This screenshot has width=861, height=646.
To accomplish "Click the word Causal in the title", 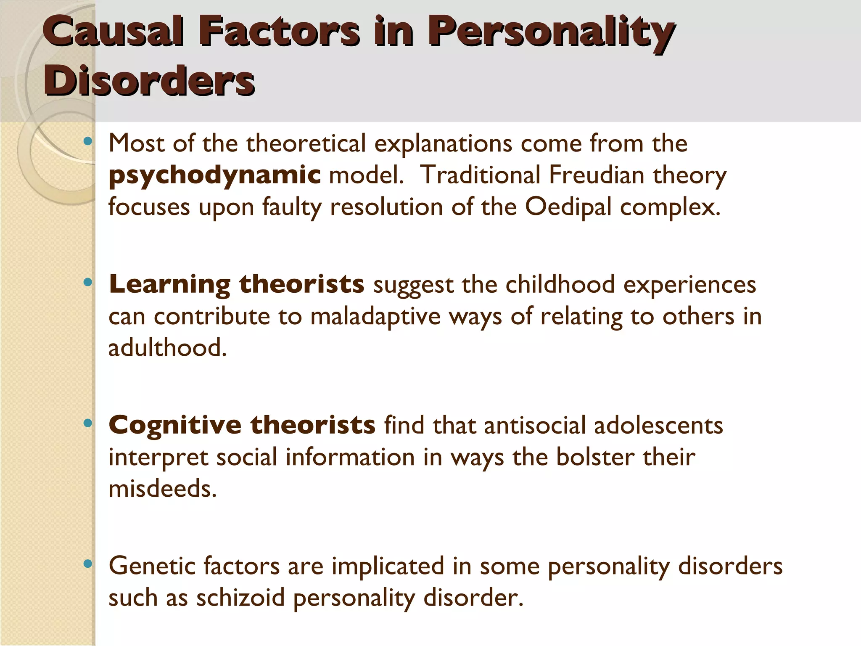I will click(x=114, y=32).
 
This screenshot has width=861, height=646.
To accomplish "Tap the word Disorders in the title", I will click(x=149, y=80).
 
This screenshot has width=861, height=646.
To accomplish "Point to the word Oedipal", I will click(x=568, y=207).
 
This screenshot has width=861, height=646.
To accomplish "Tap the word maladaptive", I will click(x=375, y=316).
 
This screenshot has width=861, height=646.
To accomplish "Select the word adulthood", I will click(x=168, y=348).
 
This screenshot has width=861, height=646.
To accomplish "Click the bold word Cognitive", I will click(x=175, y=425).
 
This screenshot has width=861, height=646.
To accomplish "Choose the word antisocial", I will click(x=534, y=425).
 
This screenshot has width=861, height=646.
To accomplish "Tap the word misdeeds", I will click(x=163, y=489).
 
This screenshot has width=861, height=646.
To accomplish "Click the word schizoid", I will click(x=240, y=598).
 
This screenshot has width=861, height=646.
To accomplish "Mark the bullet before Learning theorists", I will click(x=87, y=283).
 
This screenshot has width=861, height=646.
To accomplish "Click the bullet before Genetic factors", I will click(x=87, y=564).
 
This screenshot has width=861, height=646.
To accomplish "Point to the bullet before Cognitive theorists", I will click(x=87, y=423).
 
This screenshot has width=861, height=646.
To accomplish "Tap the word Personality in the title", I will click(x=551, y=32).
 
